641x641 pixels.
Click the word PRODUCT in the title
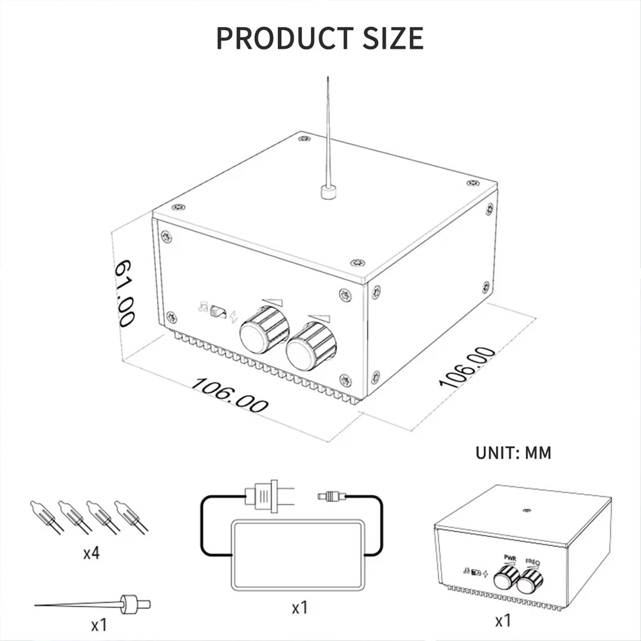click(x=285, y=38)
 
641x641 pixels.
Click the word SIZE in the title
click(x=392, y=38)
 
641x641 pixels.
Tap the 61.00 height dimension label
click(x=123, y=293)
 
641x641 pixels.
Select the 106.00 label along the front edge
click(x=229, y=395)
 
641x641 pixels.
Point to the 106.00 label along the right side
click(x=466, y=367)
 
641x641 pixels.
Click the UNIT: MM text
click(x=513, y=453)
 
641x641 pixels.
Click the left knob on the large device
click(x=264, y=330)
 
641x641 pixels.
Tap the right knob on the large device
click(x=310, y=346)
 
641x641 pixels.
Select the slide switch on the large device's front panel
click(x=218, y=312)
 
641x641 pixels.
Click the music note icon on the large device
click(x=203, y=307)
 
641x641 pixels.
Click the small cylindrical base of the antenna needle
click(x=328, y=192)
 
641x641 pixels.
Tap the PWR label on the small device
click(x=510, y=558)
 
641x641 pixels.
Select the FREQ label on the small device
click(x=533, y=562)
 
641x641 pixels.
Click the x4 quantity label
click(x=91, y=553)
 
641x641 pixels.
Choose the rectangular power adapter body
click(x=298, y=555)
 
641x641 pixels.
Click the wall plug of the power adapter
click(x=270, y=496)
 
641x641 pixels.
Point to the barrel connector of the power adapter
click(x=331, y=496)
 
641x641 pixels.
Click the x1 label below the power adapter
click(x=300, y=608)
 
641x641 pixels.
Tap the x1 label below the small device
click(x=503, y=621)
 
